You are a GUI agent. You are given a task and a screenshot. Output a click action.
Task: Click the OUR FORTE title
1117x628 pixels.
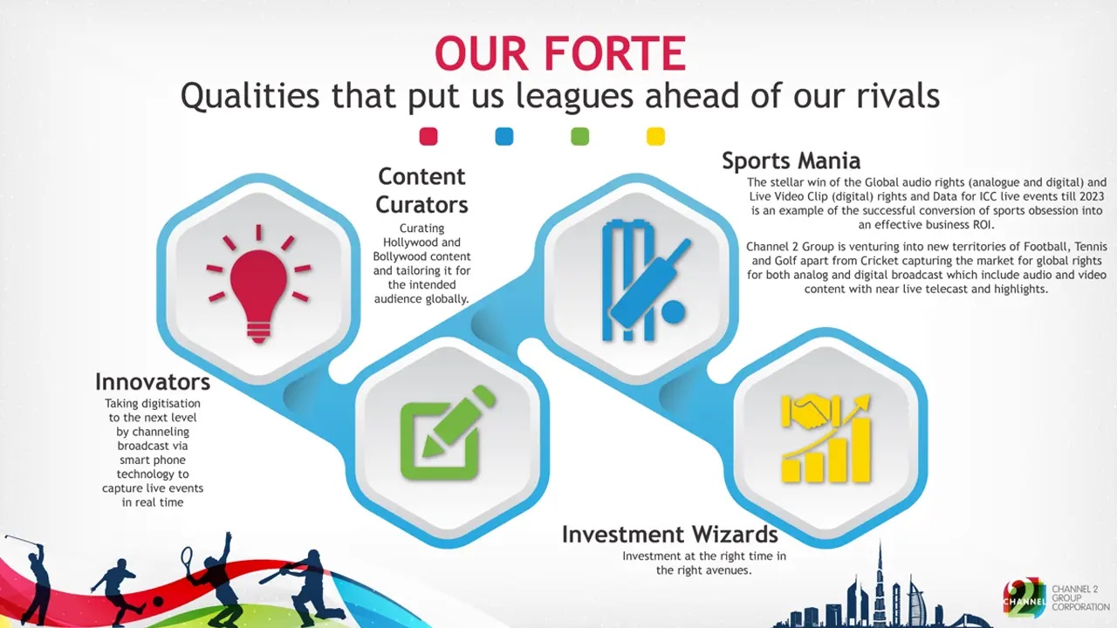560,54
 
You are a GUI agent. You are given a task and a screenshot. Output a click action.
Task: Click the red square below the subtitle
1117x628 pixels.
428,137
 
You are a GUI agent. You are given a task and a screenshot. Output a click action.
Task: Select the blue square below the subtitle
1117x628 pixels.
504,137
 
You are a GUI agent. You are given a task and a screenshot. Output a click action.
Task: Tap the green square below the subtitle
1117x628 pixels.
579,137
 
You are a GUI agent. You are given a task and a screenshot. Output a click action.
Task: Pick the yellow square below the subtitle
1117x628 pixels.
655,137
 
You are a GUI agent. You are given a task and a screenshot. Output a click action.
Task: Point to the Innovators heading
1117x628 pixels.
153,382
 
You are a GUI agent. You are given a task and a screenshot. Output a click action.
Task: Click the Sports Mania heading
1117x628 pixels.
791,160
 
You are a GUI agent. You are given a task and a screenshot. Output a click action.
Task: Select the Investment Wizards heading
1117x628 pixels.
669,534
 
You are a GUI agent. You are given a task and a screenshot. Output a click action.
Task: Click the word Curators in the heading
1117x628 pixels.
422,205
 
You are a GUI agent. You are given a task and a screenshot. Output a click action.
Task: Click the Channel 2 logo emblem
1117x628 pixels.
1024,597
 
